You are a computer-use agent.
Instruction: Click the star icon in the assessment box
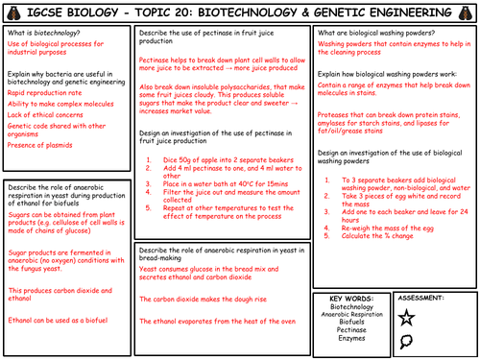[x=435, y=318]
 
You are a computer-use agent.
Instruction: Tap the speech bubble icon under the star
[x=435, y=340]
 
